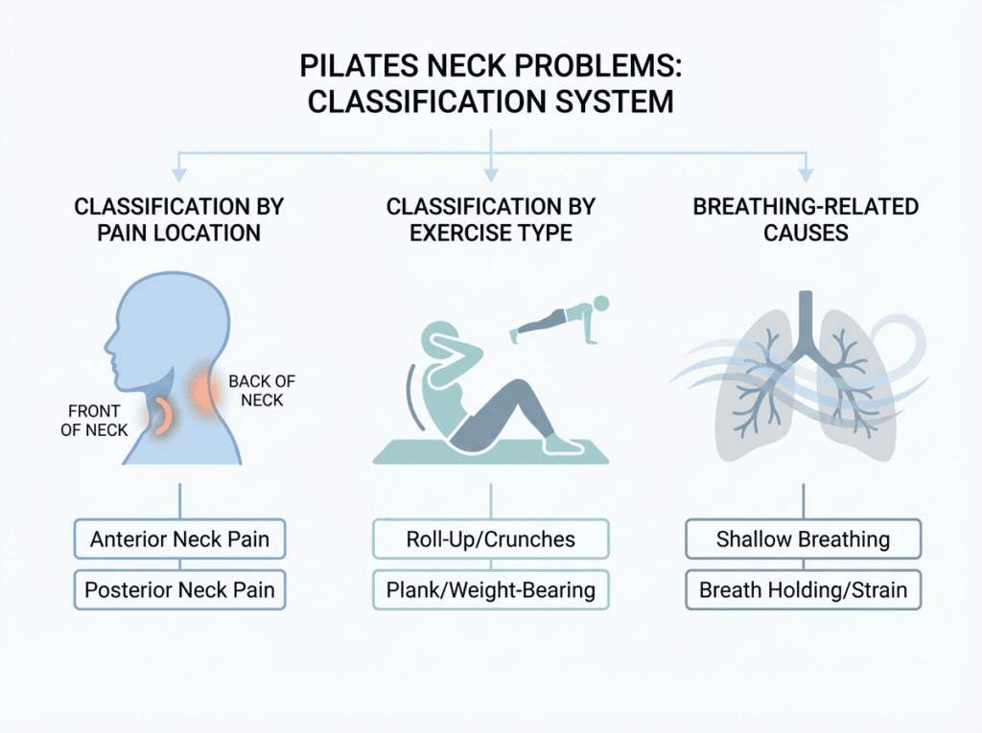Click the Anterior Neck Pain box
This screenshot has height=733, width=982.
point(179,539)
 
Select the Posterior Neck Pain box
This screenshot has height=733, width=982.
point(179,590)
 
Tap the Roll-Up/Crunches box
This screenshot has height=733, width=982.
point(490,539)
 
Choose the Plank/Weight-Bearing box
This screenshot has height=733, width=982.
point(490,590)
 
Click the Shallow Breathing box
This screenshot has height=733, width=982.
point(803,539)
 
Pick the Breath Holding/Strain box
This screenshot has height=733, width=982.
point(803,590)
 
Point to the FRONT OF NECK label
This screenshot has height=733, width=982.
point(94,421)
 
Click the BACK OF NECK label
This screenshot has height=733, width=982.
point(262,390)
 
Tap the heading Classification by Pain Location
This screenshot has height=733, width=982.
point(179,219)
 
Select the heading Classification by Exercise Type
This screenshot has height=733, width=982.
point(490,219)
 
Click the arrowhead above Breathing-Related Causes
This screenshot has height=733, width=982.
point(805,175)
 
